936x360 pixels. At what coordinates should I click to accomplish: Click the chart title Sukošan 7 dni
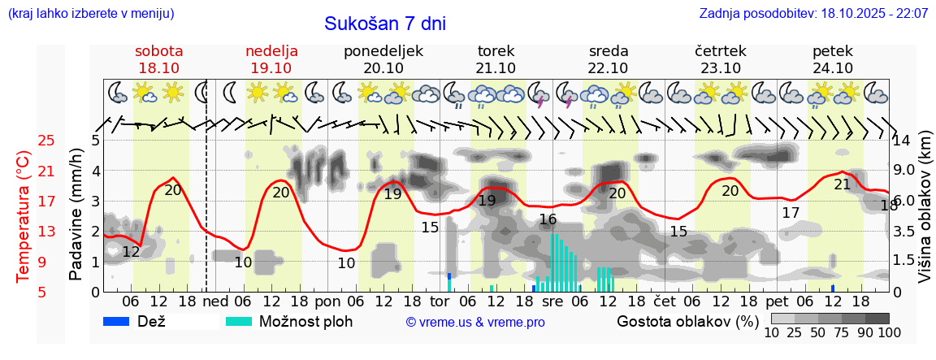click(x=385, y=24)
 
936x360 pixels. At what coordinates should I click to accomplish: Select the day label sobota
click(x=158, y=50)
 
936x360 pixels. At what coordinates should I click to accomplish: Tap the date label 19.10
click(x=271, y=68)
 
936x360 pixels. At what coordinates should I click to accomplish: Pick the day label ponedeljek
click(x=383, y=50)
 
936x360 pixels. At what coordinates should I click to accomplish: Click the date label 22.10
click(x=608, y=68)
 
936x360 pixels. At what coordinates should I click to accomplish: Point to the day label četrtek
click(x=720, y=50)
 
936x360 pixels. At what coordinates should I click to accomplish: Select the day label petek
click(x=832, y=50)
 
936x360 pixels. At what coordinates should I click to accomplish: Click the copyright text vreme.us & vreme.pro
click(x=475, y=322)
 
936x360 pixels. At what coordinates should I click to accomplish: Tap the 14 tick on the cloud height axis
click(x=903, y=141)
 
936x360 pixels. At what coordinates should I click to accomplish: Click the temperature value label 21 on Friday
click(x=843, y=184)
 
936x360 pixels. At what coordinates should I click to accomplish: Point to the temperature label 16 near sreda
click(x=548, y=219)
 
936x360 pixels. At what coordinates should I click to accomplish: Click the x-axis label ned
click(x=214, y=301)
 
